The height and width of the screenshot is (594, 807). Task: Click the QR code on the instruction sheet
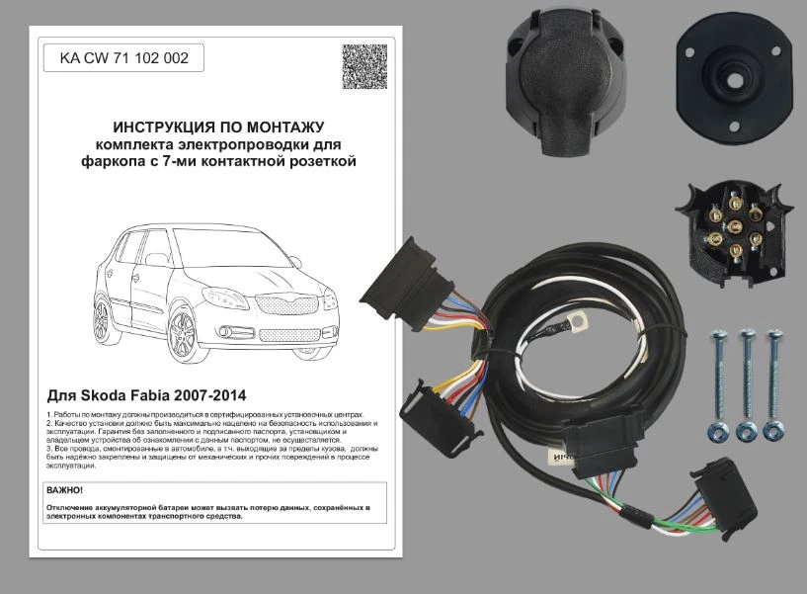364,66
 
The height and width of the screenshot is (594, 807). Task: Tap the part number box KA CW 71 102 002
123,58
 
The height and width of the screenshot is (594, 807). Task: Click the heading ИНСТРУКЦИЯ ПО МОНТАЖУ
218,127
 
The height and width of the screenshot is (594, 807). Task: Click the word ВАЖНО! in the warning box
65,490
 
